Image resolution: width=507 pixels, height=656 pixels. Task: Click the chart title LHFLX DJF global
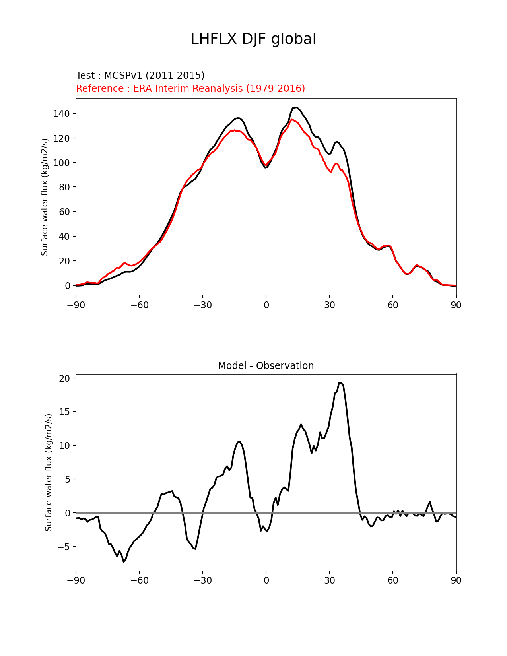click(253, 39)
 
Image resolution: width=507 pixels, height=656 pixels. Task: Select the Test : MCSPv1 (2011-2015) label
click(140, 76)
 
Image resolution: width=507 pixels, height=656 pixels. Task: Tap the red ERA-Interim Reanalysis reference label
click(190, 89)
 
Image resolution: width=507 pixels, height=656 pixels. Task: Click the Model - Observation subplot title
click(266, 366)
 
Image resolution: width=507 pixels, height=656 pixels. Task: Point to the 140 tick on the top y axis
click(61, 114)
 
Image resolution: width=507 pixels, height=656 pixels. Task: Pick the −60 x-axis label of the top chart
click(139, 305)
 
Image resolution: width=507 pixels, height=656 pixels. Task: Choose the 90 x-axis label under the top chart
click(456, 305)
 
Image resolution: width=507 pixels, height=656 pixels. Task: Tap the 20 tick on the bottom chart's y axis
click(64, 378)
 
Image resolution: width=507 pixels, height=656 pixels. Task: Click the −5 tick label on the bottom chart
click(62, 547)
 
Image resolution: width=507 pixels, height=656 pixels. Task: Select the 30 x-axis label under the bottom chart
click(329, 580)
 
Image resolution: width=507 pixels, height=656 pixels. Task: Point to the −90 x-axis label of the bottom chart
click(76, 580)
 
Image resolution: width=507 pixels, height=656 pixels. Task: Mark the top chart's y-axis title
click(45, 197)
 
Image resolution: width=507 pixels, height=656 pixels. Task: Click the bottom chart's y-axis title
click(49, 472)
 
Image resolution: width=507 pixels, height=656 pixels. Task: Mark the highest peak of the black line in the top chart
click(295, 107)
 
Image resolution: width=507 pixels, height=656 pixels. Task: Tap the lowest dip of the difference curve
click(124, 561)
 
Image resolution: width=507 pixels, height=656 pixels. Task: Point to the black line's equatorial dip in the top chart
click(266, 167)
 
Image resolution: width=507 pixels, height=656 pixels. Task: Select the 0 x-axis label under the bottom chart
click(266, 580)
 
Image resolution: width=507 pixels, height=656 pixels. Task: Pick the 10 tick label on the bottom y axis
click(64, 446)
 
